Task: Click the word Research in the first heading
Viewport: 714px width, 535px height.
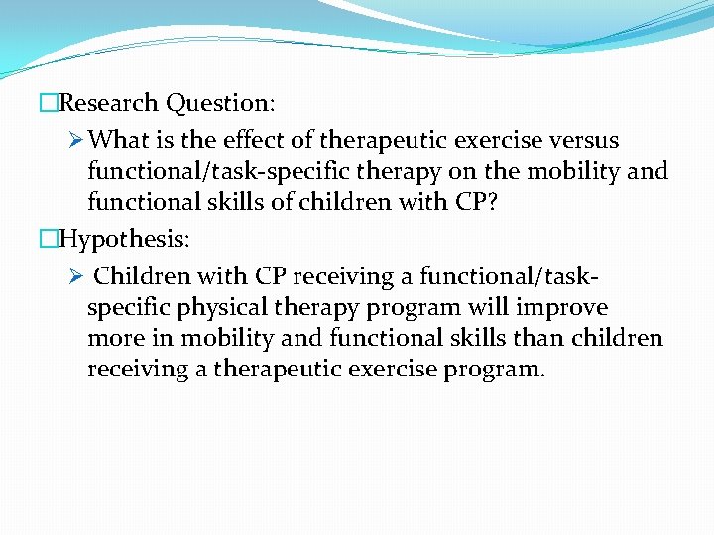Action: click(110, 103)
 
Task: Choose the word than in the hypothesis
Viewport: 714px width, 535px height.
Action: click(548, 338)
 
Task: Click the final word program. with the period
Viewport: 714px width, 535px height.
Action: click(496, 370)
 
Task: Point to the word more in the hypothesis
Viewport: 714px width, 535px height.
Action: click(115, 338)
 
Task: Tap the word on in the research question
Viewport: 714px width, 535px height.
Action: click(462, 171)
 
